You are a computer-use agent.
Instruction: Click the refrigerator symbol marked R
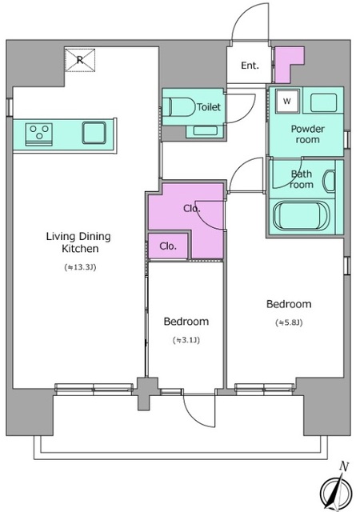[80, 60]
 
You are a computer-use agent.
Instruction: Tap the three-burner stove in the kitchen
[39, 134]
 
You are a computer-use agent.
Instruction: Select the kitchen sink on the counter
[94, 133]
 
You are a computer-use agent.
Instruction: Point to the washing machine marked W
[287, 101]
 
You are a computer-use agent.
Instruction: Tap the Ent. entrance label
[250, 66]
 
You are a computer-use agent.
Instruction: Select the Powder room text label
[307, 134]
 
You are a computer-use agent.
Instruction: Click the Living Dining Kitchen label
[78, 242]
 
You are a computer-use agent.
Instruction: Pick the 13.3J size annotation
[80, 268]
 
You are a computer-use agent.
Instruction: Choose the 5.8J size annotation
[289, 323]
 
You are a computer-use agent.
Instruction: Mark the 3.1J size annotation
[186, 341]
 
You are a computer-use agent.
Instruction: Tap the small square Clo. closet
[168, 246]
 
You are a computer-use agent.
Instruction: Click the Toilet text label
[209, 106]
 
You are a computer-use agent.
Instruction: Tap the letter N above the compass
[343, 466]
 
